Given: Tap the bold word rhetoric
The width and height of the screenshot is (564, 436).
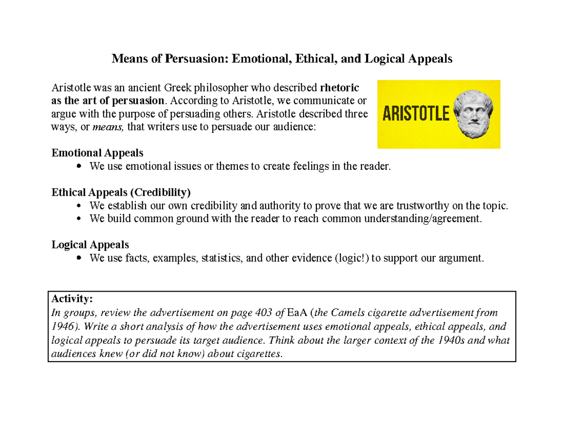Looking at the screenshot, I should (x=339, y=87).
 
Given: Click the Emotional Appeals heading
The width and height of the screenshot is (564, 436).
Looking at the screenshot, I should (x=98, y=153).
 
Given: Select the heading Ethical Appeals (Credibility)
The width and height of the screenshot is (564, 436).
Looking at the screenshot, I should (x=121, y=192).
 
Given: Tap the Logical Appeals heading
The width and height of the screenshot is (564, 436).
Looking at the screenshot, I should (x=90, y=245).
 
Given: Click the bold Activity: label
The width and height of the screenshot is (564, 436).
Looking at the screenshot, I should (x=73, y=299).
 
